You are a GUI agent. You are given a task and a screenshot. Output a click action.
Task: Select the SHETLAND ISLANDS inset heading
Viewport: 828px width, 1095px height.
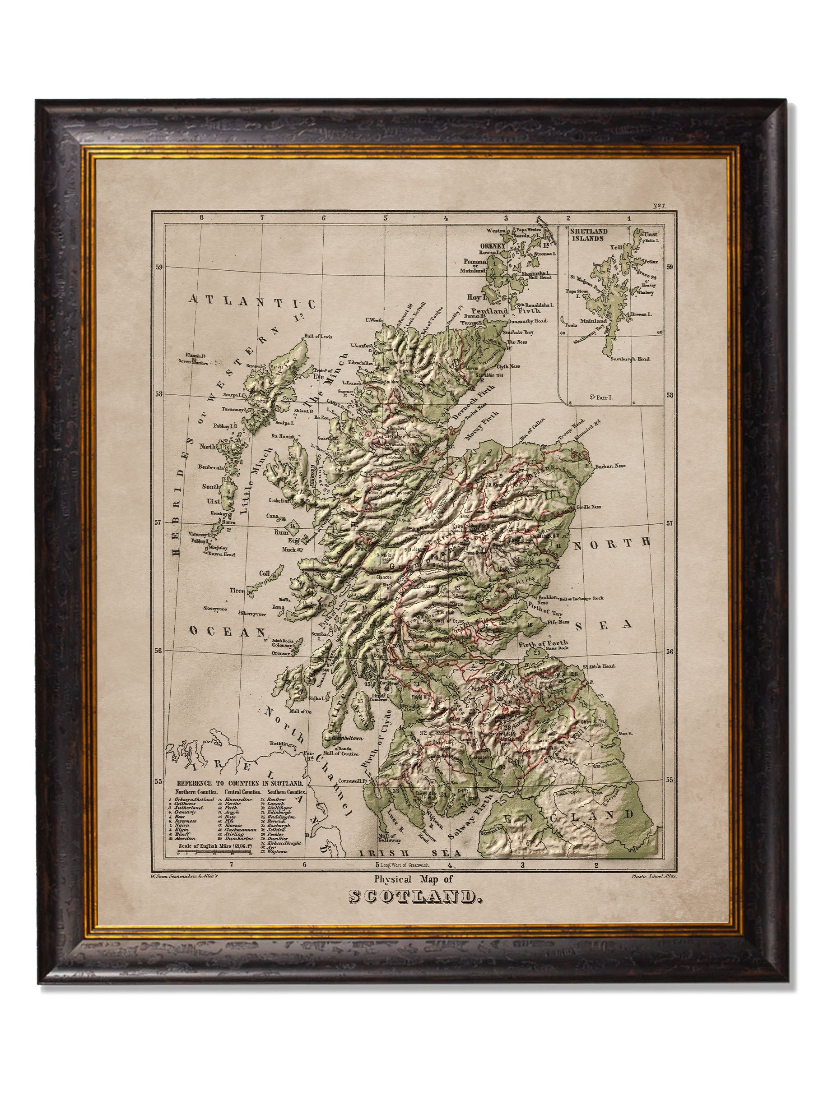tap(587, 234)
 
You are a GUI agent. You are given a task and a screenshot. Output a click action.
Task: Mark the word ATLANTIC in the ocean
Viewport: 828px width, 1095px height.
tap(251, 301)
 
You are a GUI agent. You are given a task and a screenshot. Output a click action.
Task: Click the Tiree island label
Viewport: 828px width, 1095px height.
tap(236, 591)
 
